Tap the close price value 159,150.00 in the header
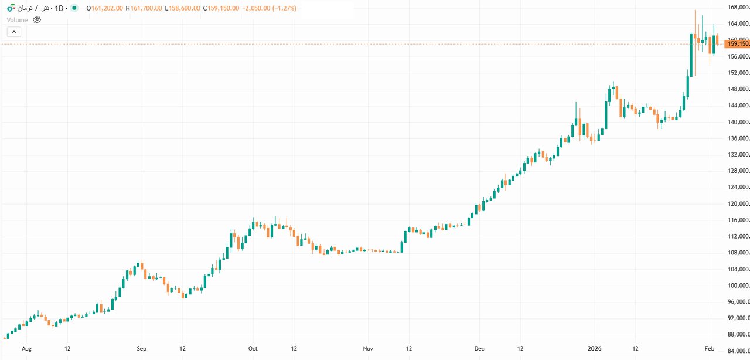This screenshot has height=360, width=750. (x=222, y=9)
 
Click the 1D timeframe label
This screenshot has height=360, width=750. (x=59, y=9)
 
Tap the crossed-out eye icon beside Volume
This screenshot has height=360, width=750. (x=37, y=20)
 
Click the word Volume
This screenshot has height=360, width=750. (x=17, y=20)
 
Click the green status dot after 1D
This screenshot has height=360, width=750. (x=74, y=9)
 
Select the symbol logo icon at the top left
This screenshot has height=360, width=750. (x=11, y=9)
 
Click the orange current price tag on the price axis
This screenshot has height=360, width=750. (x=737, y=43)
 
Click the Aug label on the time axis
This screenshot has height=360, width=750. (x=26, y=348)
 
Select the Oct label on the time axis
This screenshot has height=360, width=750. (x=253, y=348)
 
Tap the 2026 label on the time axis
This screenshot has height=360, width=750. (x=595, y=348)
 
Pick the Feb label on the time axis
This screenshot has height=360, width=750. (x=709, y=348)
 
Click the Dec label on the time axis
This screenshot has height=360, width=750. (x=479, y=348)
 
